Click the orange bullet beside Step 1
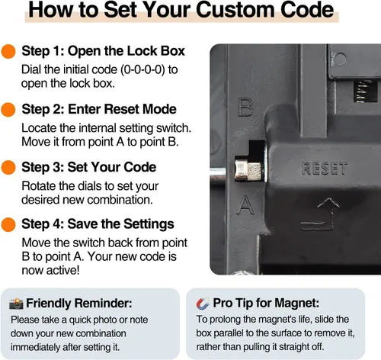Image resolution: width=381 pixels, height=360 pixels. (x=8, y=51)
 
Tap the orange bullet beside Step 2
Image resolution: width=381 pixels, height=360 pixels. (x=8, y=110)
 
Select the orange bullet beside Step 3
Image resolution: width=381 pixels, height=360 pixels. (x=8, y=168)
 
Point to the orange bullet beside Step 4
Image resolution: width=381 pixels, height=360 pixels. (x=8, y=224)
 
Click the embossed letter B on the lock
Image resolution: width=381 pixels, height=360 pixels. (x=245, y=108)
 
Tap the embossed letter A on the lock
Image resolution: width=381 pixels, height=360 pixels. (x=245, y=204)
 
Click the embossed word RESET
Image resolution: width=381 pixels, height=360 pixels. (x=325, y=169)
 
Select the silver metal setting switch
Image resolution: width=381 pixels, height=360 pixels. (x=248, y=170)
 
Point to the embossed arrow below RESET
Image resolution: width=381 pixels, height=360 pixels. (x=321, y=214)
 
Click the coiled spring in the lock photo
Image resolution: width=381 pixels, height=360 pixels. (x=364, y=91)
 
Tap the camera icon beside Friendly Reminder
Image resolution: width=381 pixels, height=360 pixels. (x=16, y=304)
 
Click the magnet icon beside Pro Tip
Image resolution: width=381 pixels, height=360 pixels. (x=203, y=303)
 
